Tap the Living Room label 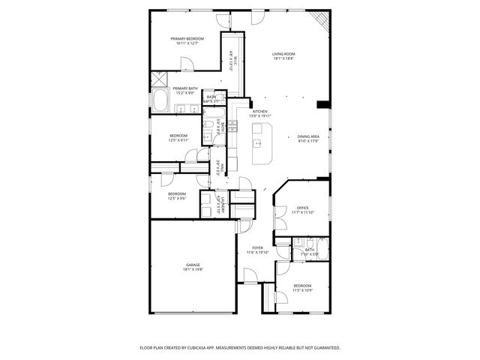pyautogui.click(x=283, y=54)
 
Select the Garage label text pyautogui.click(x=193, y=265)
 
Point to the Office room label pyautogui.click(x=302, y=208)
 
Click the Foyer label pyautogui.click(x=257, y=247)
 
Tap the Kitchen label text pyautogui.click(x=259, y=111)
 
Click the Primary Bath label pyautogui.click(x=184, y=88)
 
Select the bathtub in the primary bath pyautogui.click(x=161, y=101)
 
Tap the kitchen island pyautogui.click(x=262, y=145)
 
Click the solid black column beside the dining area pyautogui.click(x=323, y=104)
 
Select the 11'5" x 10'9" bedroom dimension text pyautogui.click(x=301, y=290)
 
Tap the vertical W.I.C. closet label pyautogui.click(x=233, y=60)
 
